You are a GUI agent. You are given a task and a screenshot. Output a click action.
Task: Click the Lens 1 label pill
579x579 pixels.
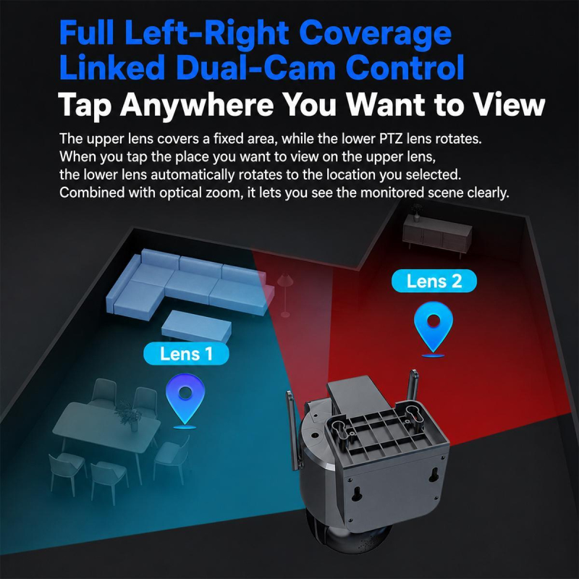click(x=186, y=353)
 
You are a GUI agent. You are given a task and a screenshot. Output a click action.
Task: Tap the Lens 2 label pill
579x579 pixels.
click(x=434, y=281)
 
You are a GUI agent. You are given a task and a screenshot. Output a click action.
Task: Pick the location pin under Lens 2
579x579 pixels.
click(x=434, y=327)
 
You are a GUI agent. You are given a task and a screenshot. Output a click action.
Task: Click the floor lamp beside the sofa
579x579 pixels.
click(x=285, y=295)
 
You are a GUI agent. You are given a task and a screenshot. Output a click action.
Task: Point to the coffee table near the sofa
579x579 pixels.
click(x=196, y=326)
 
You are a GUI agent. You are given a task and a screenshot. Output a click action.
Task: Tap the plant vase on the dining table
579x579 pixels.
click(x=128, y=415)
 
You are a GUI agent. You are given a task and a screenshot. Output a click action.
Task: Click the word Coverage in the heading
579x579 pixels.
click(x=375, y=33)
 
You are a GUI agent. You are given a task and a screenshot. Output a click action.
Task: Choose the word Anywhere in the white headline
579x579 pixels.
click(x=197, y=104)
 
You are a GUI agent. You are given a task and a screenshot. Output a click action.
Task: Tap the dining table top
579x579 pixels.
click(x=106, y=428)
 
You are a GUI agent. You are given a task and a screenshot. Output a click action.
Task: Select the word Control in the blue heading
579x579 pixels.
click(x=405, y=67)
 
